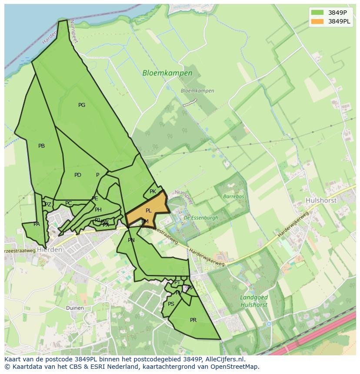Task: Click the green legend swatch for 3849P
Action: tap(317, 12)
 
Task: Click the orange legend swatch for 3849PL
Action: tap(317, 21)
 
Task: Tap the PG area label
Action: tap(82, 105)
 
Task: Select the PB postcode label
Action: tap(41, 146)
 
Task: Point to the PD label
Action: tap(78, 175)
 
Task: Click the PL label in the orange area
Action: tap(149, 211)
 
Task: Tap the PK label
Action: tap(153, 192)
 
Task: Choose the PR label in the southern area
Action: tap(193, 320)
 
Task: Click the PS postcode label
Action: tap(171, 304)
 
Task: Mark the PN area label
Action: tap(131, 240)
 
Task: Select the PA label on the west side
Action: tap(37, 224)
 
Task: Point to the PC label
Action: tap(68, 203)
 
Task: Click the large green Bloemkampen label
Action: tap(167, 73)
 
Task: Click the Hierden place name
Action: tap(50, 250)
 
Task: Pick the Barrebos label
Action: tap(233, 196)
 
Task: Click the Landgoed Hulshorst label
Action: tap(254, 301)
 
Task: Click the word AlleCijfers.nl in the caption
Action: tap(224, 359)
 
